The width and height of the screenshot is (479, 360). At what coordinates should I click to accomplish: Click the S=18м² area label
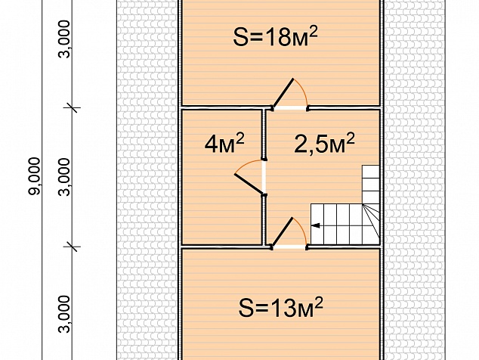275,36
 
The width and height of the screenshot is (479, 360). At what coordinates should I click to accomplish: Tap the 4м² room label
224,143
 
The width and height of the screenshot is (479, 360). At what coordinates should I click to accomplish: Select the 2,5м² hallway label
324,142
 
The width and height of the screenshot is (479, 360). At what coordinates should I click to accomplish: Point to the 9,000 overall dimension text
34,176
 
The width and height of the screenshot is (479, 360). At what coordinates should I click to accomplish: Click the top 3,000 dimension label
64,39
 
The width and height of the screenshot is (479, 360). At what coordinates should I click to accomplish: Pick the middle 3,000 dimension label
64,177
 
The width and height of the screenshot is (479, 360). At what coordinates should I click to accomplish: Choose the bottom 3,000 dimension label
64,314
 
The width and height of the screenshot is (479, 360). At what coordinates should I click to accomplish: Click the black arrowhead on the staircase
315,225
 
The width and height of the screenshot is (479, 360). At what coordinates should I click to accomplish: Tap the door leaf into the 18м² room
283,94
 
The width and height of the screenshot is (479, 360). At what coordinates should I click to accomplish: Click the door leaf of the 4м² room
249,184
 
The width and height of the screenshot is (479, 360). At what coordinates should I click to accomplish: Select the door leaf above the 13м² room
283,232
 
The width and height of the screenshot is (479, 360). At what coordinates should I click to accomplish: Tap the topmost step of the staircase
371,172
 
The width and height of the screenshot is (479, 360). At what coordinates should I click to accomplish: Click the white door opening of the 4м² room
264,178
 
